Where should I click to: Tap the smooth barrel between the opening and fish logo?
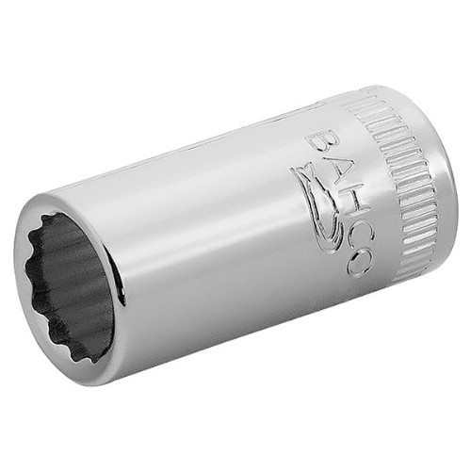(x=217, y=245)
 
